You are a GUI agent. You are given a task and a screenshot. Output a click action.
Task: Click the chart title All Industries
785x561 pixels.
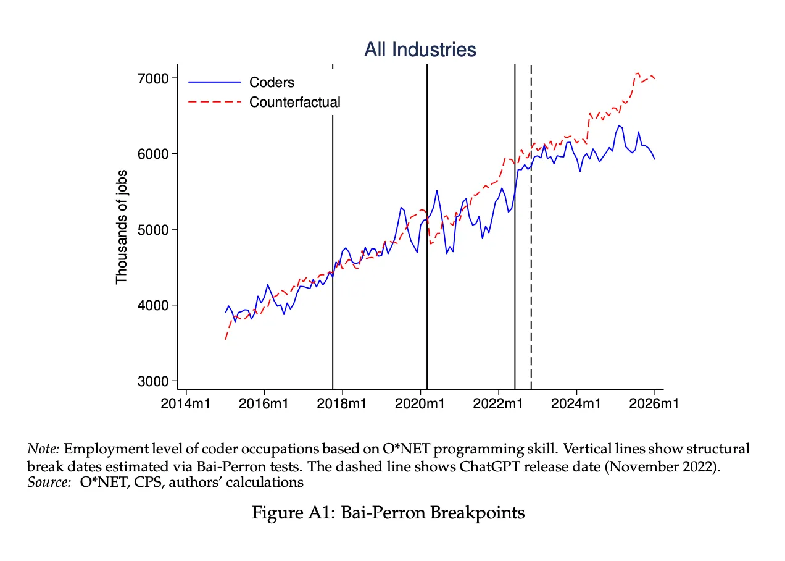(x=420, y=49)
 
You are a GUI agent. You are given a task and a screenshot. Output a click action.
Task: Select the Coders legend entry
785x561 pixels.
(x=272, y=82)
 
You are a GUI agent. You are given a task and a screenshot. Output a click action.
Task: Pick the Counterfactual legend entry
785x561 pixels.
(x=294, y=102)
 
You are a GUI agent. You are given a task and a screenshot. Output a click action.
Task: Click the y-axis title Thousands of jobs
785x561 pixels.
(x=122, y=227)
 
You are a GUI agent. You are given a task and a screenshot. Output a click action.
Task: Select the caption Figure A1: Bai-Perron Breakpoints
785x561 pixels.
(x=388, y=512)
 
